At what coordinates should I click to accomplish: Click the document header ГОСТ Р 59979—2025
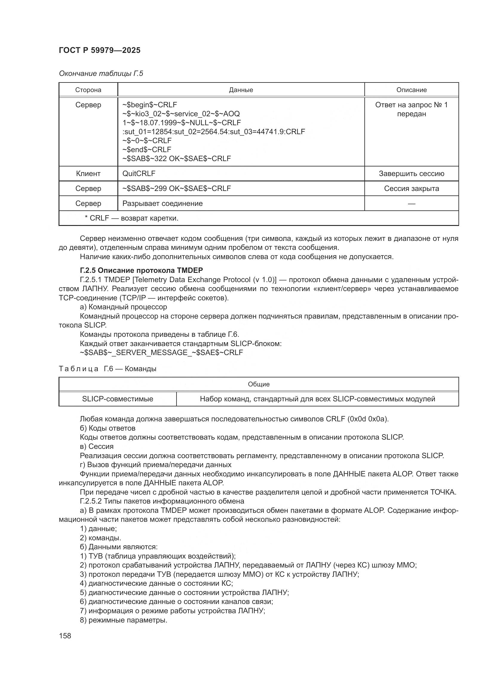99,50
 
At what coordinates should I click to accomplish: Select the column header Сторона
88,90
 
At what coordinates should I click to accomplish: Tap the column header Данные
241,90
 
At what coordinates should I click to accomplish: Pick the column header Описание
411,90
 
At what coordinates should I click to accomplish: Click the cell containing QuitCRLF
139,174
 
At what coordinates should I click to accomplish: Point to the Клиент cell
88,174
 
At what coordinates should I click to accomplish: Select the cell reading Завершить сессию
411,174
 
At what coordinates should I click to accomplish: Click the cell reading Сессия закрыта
411,189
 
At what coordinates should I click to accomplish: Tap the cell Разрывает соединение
162,204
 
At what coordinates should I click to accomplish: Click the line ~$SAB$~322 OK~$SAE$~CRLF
177,159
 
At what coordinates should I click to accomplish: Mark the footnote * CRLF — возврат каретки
131,218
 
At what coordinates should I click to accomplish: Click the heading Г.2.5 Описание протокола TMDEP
141,270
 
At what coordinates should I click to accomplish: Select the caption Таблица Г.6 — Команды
108,369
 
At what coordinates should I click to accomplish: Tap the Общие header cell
259,384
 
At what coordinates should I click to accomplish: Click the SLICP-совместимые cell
117,399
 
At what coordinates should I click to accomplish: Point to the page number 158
65,636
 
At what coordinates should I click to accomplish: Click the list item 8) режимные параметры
124,620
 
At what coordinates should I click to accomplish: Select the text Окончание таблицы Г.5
101,74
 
